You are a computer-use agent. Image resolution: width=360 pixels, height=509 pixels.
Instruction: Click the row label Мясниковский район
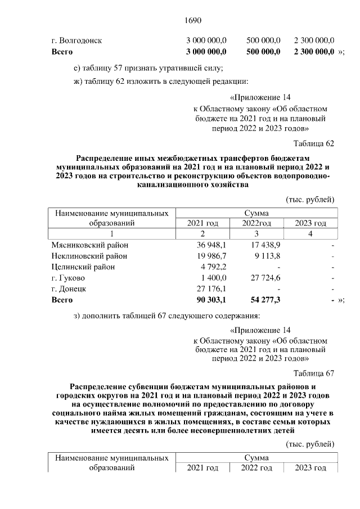89,245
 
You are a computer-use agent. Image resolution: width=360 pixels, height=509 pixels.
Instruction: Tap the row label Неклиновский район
89,256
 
